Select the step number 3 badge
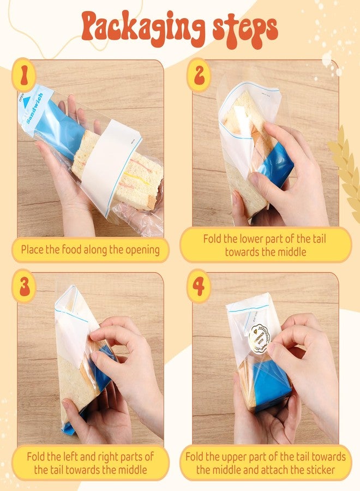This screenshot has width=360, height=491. [23, 286]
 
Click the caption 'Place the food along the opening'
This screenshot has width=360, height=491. [90, 250]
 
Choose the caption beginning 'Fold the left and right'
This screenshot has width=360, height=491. [90, 462]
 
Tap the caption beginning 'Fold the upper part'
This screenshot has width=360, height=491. [266, 462]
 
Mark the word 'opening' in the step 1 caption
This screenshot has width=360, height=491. [141, 250]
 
